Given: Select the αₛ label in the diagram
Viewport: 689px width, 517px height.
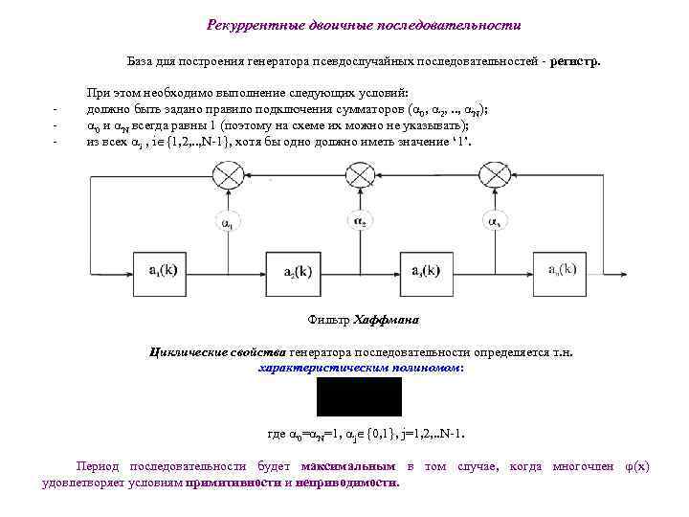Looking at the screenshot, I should [493, 222].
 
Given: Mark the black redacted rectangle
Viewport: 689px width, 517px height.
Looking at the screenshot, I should [359, 396].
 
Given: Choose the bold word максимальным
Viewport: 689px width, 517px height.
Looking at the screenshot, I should [348, 466].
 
